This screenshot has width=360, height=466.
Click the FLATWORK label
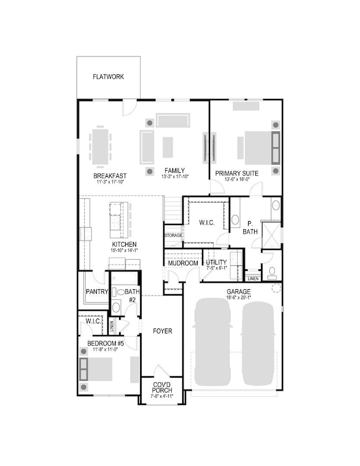pyautogui.click(x=108, y=76)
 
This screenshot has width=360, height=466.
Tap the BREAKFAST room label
pyautogui.click(x=110, y=176)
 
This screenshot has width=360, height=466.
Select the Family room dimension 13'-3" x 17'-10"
pyautogui.click(x=175, y=177)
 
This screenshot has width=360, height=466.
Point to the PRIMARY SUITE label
pyautogui.click(x=236, y=173)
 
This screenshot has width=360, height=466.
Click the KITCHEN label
pyautogui.click(x=124, y=244)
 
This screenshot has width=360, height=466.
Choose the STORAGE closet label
pyautogui.click(x=173, y=235)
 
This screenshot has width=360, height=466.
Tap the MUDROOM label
pyautogui.click(x=183, y=263)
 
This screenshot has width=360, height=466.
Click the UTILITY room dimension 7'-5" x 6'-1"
pyautogui.click(x=217, y=268)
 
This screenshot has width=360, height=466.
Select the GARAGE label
pyautogui.click(x=239, y=292)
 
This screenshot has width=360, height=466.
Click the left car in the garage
pyautogui.click(x=212, y=342)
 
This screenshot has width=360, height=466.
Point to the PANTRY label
pyautogui.click(x=97, y=292)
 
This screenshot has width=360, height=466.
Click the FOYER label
pyautogui.click(x=162, y=331)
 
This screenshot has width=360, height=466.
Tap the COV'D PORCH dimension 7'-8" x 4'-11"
pyautogui.click(x=162, y=396)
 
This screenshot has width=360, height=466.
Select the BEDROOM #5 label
pyautogui.click(x=105, y=344)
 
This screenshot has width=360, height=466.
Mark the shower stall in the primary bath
pyautogui.click(x=271, y=235)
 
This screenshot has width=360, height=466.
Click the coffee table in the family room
pyautogui.click(x=168, y=147)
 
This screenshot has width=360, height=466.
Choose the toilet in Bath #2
pyautogui.click(x=119, y=292)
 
